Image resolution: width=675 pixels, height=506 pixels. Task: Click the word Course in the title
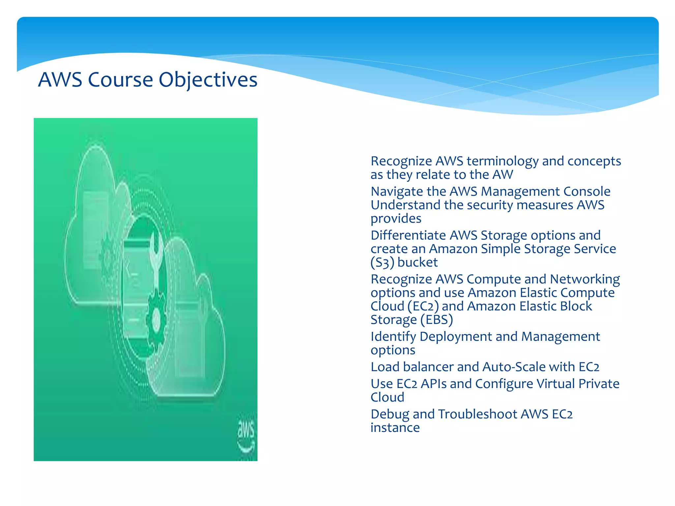tap(120, 80)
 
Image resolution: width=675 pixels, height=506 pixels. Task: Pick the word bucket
tap(418, 263)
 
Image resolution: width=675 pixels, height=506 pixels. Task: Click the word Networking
tap(585, 279)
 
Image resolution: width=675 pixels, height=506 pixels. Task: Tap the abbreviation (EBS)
tap(437, 320)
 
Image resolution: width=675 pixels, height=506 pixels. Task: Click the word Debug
tap(390, 414)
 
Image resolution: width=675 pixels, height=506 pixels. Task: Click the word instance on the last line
tap(395, 428)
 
